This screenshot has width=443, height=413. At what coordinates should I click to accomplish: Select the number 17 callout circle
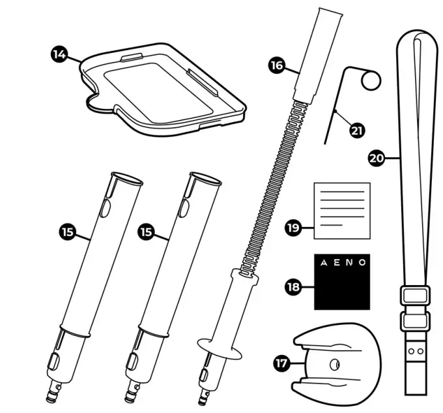281,364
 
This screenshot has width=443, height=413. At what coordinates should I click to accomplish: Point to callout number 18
294,286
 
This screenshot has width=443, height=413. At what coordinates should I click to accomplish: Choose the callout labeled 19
293,228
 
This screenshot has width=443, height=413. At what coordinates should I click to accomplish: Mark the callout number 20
376,158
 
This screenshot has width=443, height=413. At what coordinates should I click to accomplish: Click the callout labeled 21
357,130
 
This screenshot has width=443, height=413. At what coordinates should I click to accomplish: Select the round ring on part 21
371,80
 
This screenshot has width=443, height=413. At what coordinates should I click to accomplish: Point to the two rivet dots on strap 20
414,350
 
